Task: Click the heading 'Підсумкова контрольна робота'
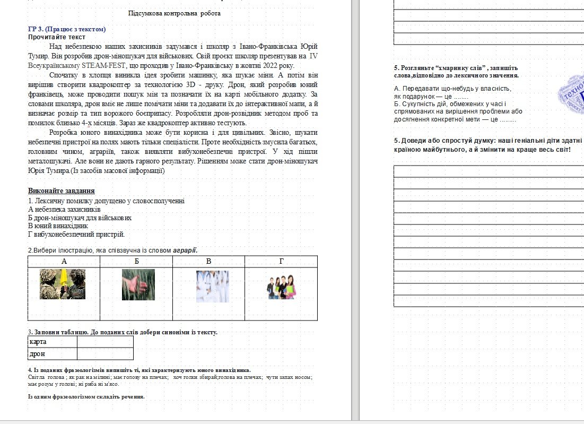(174, 13)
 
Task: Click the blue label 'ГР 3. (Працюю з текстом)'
(67, 29)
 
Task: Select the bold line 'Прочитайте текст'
(57, 37)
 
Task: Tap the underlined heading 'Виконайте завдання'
(62, 191)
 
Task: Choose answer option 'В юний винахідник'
(58, 226)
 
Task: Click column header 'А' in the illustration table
(64, 261)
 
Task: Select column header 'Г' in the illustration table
(281, 261)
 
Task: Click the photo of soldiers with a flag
(63, 284)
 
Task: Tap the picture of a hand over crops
(138, 284)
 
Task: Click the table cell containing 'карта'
(53, 342)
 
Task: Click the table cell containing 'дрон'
(53, 354)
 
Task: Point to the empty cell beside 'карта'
(105, 342)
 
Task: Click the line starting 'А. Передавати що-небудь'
(452, 88)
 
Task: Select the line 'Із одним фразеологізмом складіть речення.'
(86, 396)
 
